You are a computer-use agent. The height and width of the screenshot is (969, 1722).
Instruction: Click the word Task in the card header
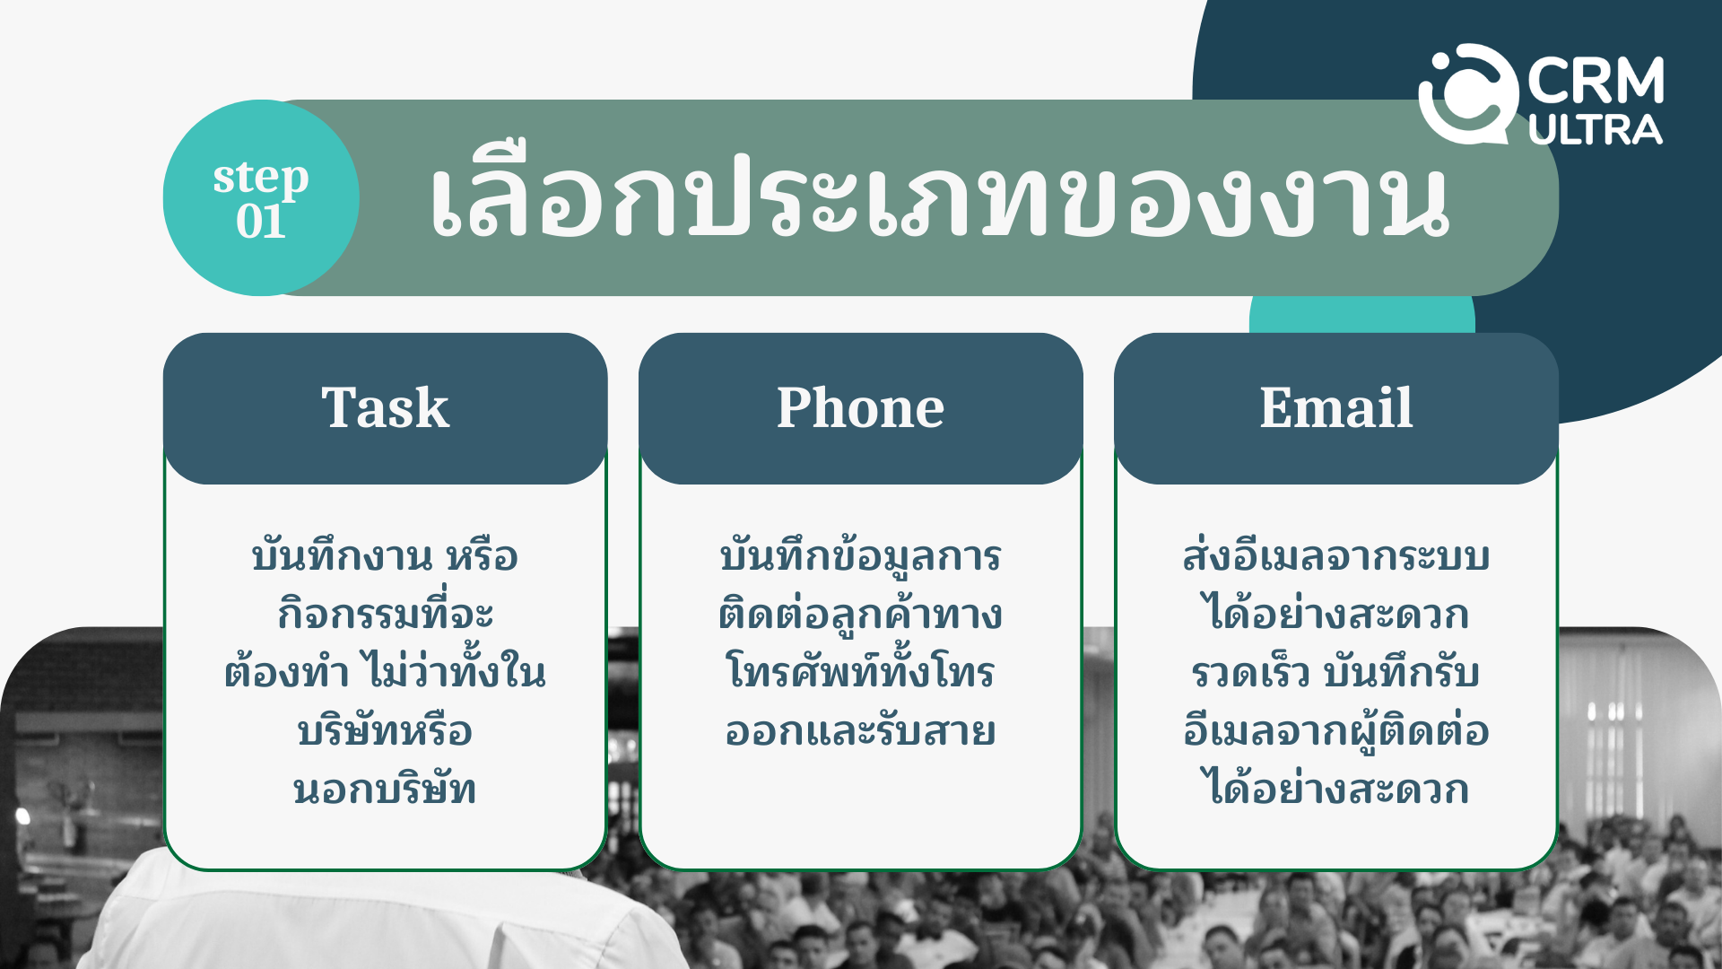[x=385, y=407]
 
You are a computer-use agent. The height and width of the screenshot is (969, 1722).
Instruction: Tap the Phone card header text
[x=860, y=407]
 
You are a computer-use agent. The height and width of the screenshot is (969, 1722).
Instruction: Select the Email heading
[x=1335, y=407]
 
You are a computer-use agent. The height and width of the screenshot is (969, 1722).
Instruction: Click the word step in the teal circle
[x=261, y=178]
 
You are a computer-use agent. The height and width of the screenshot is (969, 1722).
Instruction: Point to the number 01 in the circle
[x=261, y=221]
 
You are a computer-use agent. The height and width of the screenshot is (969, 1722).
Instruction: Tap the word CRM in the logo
[x=1596, y=81]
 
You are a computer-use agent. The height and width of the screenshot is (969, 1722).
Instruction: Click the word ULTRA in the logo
[x=1596, y=130]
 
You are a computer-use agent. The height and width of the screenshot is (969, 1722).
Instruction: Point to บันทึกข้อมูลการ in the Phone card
[x=860, y=556]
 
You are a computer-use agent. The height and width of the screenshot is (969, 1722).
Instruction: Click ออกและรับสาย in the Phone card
[x=860, y=731]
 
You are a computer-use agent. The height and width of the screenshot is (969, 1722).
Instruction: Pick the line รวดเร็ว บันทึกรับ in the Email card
[x=1335, y=671]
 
